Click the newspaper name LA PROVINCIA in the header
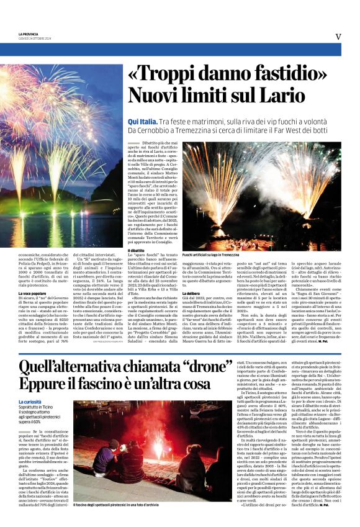coord(28,34)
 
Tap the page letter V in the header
coord(338,37)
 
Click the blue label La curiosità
coord(31,403)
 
